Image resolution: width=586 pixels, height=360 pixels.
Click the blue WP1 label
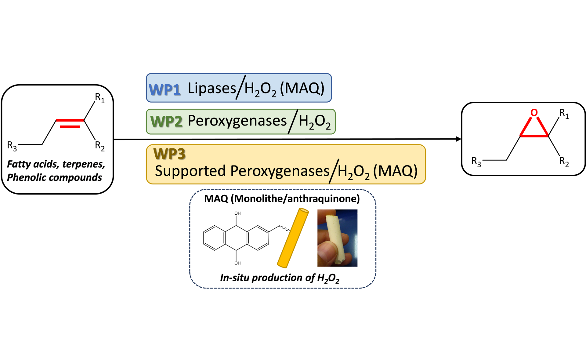point(165,90)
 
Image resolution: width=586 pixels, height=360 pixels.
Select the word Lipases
point(212,89)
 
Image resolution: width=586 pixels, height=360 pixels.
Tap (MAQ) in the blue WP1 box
point(302,89)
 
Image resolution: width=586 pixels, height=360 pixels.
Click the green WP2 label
point(167,122)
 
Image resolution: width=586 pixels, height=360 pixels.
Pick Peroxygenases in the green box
point(237,121)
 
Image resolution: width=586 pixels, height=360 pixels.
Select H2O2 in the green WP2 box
point(314,122)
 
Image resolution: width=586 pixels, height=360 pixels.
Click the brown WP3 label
point(170,154)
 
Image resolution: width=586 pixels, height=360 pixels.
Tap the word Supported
point(190,171)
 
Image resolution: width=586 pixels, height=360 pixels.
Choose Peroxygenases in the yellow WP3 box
point(280,171)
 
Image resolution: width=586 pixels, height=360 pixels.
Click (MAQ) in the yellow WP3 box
point(395,171)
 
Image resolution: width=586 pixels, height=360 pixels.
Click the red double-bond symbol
point(70,123)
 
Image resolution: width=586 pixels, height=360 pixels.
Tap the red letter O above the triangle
point(534,112)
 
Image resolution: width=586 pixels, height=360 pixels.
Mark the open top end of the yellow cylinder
point(304,211)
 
